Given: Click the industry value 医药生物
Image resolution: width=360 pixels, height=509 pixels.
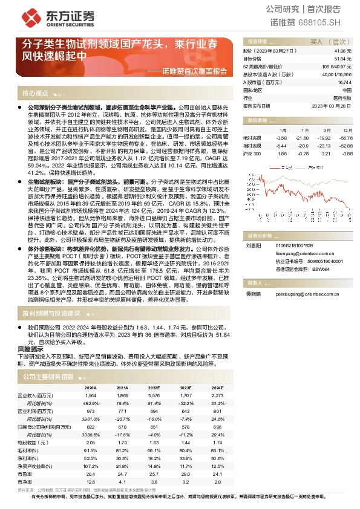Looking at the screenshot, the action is [342, 97].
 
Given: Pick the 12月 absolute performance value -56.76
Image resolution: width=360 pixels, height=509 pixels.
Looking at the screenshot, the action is [345, 137].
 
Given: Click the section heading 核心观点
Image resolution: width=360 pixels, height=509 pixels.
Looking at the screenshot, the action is [35, 93].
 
